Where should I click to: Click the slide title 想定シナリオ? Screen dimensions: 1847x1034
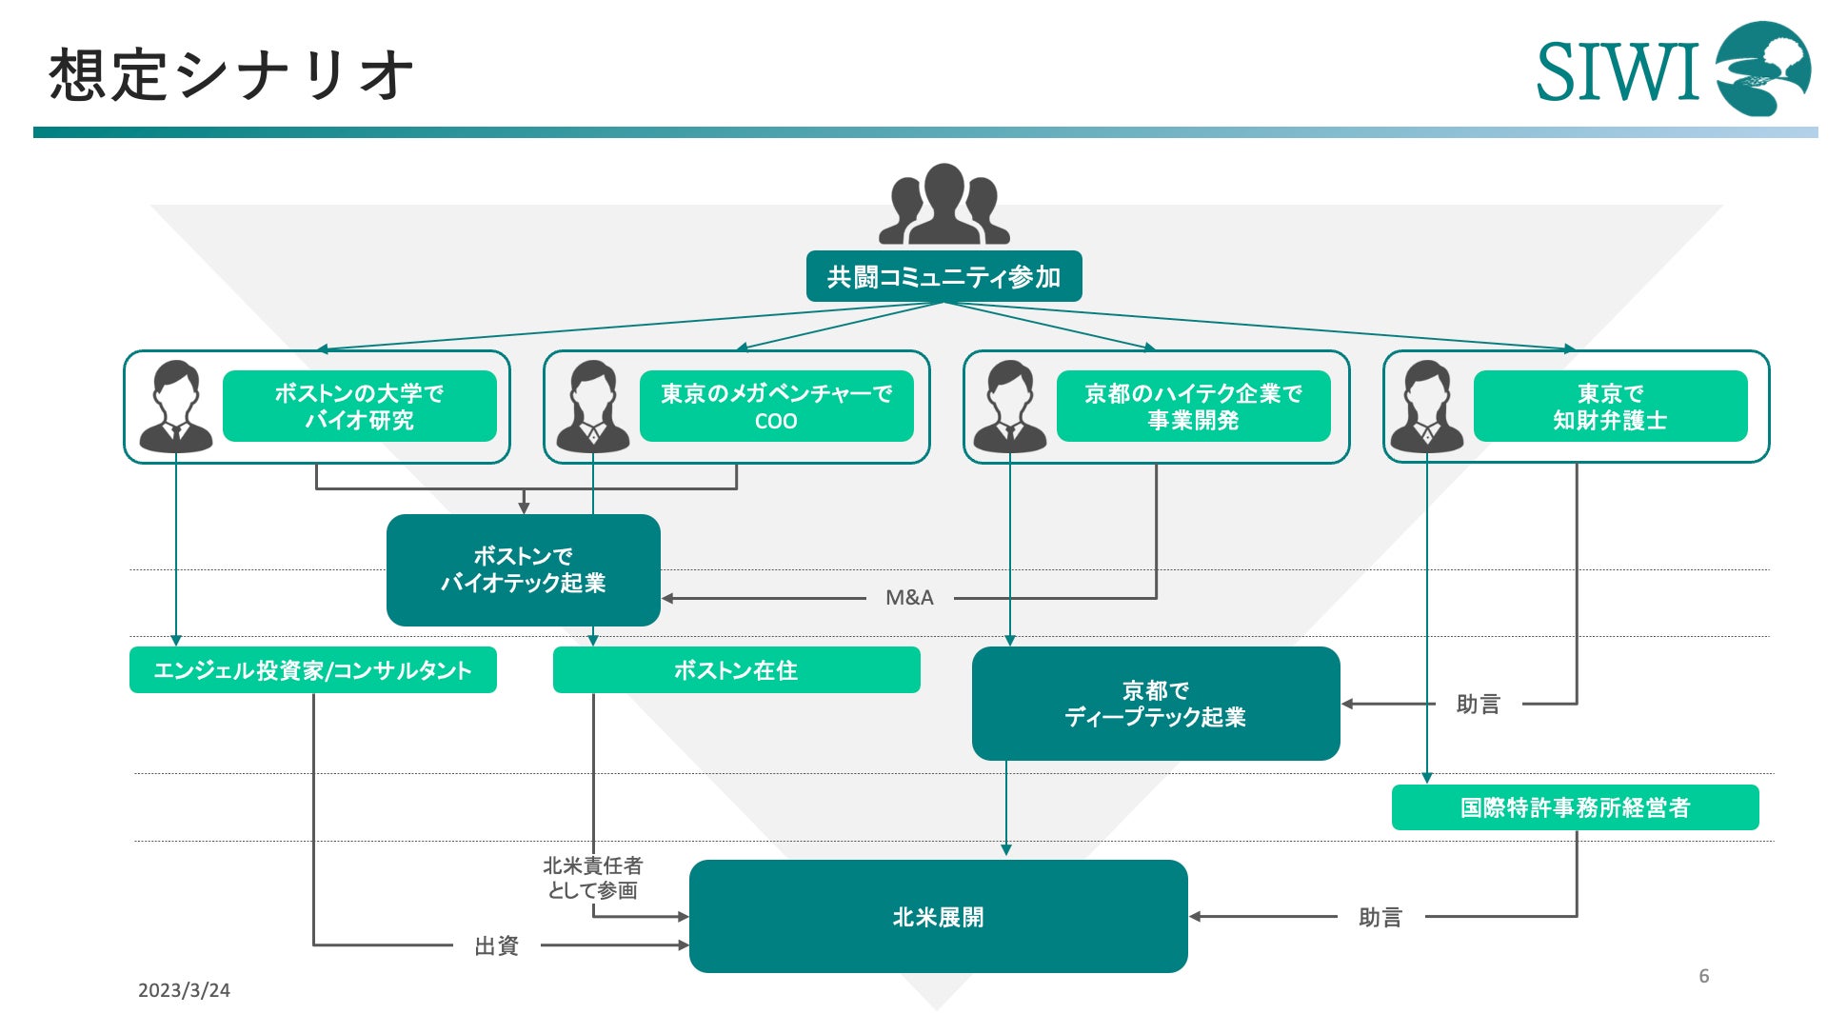coord(231,74)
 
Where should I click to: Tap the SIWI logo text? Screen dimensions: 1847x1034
coord(1618,71)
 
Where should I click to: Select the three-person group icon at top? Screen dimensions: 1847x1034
coord(943,204)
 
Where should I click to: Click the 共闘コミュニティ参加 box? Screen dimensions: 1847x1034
coord(943,276)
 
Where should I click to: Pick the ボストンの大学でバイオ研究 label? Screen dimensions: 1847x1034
coord(360,407)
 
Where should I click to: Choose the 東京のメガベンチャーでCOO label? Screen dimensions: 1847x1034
coord(777,407)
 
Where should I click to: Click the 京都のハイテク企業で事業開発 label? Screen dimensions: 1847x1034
coord(1194,407)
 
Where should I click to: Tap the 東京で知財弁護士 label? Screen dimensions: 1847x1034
coord(1611,407)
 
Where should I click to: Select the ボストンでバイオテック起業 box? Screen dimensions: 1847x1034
coord(524,569)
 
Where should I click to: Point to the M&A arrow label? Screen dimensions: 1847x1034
coord(909,598)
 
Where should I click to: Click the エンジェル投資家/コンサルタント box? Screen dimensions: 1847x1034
coord(313,670)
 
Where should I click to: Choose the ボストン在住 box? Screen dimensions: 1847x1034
coord(737,670)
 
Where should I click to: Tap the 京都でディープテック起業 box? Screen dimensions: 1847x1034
coord(1156,704)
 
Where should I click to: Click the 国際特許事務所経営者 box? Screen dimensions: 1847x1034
coord(1576,807)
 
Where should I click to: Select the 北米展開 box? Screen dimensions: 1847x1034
coord(939,916)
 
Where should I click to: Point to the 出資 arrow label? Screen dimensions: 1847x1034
coord(497,945)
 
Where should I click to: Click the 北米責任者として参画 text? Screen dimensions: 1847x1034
coord(593,878)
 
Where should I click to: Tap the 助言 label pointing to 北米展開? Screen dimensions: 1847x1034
coord(1380,917)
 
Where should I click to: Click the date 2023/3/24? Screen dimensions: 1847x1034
coord(184,990)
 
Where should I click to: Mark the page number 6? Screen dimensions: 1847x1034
coord(1704,976)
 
